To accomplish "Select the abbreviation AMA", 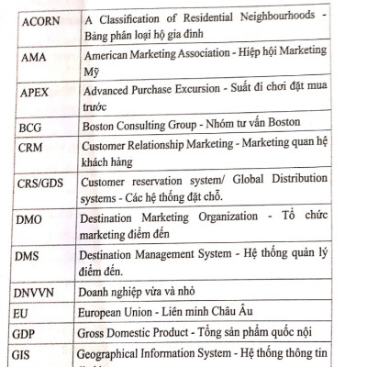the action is click(x=30, y=55).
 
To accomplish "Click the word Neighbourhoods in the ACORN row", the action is click(x=266, y=17).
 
